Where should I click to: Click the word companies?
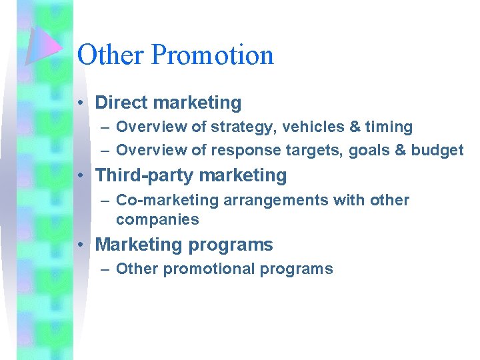(157, 219)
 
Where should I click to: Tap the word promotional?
(209, 269)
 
